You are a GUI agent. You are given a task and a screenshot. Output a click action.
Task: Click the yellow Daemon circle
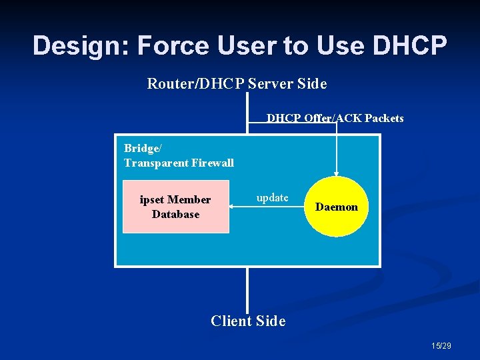pyautogui.click(x=337, y=207)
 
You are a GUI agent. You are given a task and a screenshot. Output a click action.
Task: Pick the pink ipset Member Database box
pyautogui.click(x=176, y=207)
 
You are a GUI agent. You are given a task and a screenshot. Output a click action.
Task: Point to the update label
pyautogui.click(x=273, y=197)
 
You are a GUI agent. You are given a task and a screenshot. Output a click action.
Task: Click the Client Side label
pyautogui.click(x=248, y=321)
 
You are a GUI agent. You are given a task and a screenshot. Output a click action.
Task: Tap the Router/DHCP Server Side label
pyautogui.click(x=237, y=84)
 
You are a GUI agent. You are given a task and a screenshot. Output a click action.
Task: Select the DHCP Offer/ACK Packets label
pyautogui.click(x=335, y=118)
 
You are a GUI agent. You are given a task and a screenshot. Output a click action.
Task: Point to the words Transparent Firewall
pyautogui.click(x=179, y=162)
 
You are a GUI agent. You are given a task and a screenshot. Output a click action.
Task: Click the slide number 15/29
pyautogui.click(x=442, y=345)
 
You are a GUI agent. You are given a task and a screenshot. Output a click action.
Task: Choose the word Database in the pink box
pyautogui.click(x=176, y=214)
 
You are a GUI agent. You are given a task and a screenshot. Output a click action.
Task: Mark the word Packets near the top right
pyautogui.click(x=384, y=118)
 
